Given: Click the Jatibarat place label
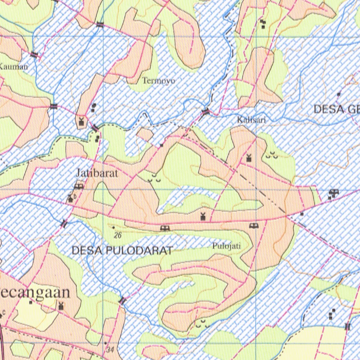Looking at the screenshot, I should point(97,173).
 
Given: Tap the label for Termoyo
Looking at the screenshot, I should point(159,81).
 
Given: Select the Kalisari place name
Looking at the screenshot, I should point(251,120).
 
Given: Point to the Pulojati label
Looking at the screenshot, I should point(226,246).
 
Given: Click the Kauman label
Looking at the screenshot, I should point(13,66).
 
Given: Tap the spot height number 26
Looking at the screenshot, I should point(118,236).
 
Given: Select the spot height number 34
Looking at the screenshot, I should point(110,350).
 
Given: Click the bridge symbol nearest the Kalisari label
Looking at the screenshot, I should point(206,112).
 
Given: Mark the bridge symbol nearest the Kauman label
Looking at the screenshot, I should point(34,54).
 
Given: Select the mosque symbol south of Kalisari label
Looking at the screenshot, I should point(249,158).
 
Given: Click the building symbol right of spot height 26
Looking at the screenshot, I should point(164,229).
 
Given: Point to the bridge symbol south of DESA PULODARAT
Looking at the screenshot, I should point(122,301).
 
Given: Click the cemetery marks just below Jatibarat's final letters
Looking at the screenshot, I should point(154,180).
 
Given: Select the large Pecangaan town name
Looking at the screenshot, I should point(35,293).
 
